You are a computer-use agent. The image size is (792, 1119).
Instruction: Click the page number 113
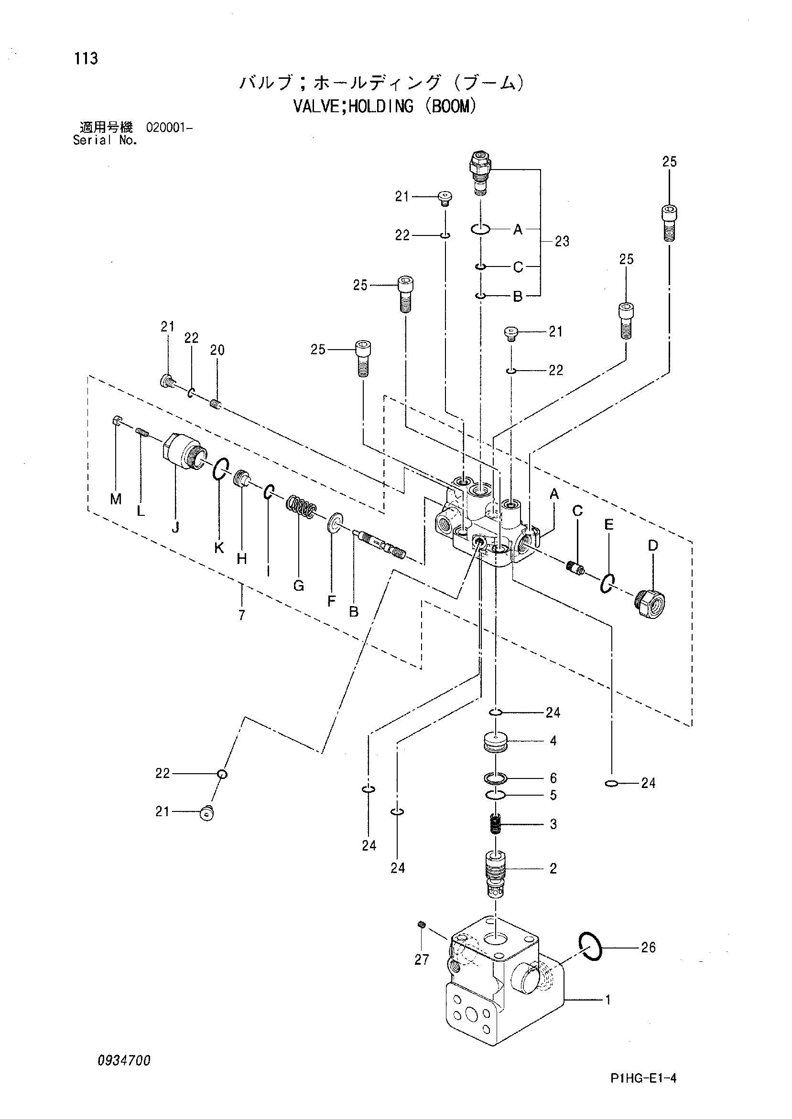(87, 58)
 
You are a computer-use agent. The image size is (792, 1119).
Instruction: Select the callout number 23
(562, 241)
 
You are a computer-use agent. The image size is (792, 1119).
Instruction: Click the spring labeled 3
(496, 825)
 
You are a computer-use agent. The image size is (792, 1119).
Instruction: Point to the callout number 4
(553, 741)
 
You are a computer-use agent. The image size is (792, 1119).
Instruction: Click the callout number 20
(217, 350)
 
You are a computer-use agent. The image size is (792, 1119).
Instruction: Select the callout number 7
(242, 616)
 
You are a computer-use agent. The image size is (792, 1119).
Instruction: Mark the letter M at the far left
(116, 499)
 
